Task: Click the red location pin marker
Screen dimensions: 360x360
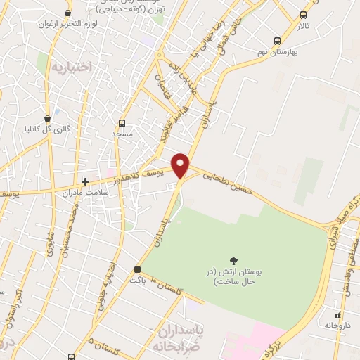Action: (181, 165)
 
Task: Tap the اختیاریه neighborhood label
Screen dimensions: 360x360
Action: (72, 67)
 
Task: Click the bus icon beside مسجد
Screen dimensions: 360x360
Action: (122, 123)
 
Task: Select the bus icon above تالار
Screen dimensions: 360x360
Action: (303, 15)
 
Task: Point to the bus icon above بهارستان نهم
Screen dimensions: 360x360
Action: (277, 41)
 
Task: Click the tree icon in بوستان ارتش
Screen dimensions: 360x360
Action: (233, 260)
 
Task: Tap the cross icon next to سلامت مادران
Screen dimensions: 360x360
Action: (85, 181)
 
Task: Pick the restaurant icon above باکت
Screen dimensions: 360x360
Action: (137, 269)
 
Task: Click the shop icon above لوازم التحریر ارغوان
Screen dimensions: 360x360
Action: (67, 13)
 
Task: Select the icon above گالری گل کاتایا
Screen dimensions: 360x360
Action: (47, 118)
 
